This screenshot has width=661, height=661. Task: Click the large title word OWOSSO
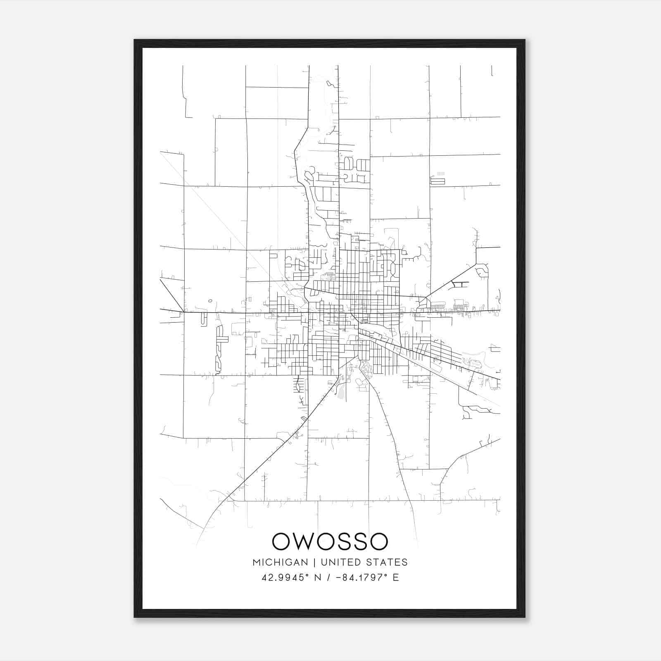pyautogui.click(x=330, y=542)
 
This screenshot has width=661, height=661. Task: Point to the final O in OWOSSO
pyautogui.click(x=378, y=542)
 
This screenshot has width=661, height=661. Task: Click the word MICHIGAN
pyautogui.click(x=281, y=562)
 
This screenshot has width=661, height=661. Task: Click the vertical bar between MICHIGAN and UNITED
pyautogui.click(x=314, y=562)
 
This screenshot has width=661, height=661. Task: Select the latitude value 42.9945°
pyautogui.click(x=285, y=578)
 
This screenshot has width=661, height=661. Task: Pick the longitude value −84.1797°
pyautogui.click(x=362, y=578)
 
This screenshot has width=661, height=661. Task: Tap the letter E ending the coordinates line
pyautogui.click(x=396, y=578)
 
